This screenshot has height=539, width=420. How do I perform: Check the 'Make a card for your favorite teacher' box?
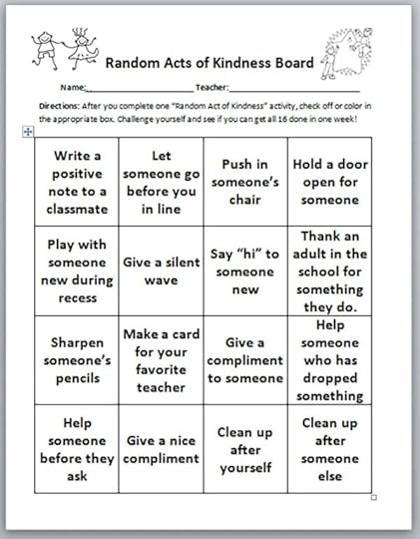point(161,359)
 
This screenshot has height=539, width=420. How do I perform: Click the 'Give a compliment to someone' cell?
point(245,359)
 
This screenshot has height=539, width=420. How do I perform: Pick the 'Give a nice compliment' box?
point(161,448)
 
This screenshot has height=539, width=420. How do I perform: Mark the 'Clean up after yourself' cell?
point(245,448)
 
